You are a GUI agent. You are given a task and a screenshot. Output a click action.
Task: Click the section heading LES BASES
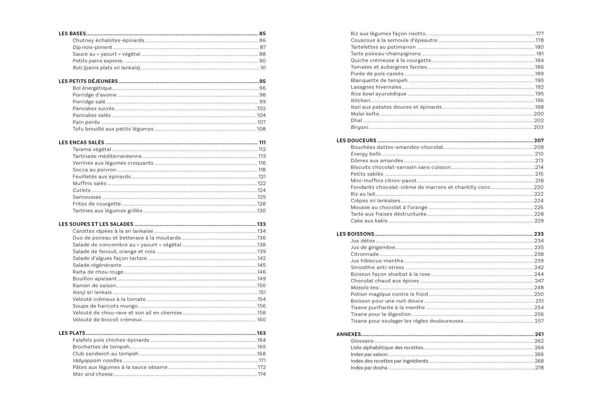(72, 34)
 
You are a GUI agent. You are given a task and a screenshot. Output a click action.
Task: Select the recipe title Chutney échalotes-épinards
(108, 40)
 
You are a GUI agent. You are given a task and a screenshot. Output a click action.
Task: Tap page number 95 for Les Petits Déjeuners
(262, 81)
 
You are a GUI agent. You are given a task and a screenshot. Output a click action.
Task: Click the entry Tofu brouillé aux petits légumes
(113, 129)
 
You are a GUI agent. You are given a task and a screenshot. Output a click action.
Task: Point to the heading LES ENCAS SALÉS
(81, 142)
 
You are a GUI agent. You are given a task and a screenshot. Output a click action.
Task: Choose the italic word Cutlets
(82, 190)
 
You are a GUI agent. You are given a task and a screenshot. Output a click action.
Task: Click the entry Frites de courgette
(97, 204)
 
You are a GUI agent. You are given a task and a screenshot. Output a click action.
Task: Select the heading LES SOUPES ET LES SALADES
(96, 224)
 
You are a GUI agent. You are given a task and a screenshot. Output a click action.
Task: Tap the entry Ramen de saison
(94, 285)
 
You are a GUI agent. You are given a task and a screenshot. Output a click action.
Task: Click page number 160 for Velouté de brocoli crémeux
(261, 319)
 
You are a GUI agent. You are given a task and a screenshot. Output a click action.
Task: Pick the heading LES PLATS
(72, 333)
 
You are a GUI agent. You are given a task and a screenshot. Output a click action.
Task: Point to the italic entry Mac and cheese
(93, 374)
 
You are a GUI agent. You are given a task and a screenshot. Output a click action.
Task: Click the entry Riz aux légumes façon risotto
(388, 34)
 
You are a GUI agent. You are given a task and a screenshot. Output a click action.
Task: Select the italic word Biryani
(360, 127)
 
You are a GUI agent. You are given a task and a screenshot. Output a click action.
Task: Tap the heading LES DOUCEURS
(356, 140)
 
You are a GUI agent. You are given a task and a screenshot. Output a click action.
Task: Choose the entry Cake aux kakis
(369, 220)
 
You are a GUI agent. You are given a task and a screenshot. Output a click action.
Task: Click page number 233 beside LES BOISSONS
(538, 234)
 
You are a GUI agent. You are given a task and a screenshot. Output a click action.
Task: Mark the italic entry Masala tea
(364, 288)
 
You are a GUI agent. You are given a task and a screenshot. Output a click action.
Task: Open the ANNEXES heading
(348, 334)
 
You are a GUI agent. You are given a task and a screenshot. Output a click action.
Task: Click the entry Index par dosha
(369, 367)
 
